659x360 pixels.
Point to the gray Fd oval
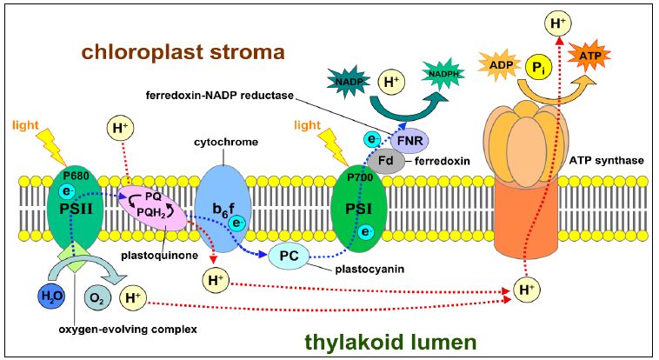point(386,161)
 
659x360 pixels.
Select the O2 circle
point(97,297)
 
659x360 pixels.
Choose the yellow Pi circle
point(541,65)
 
